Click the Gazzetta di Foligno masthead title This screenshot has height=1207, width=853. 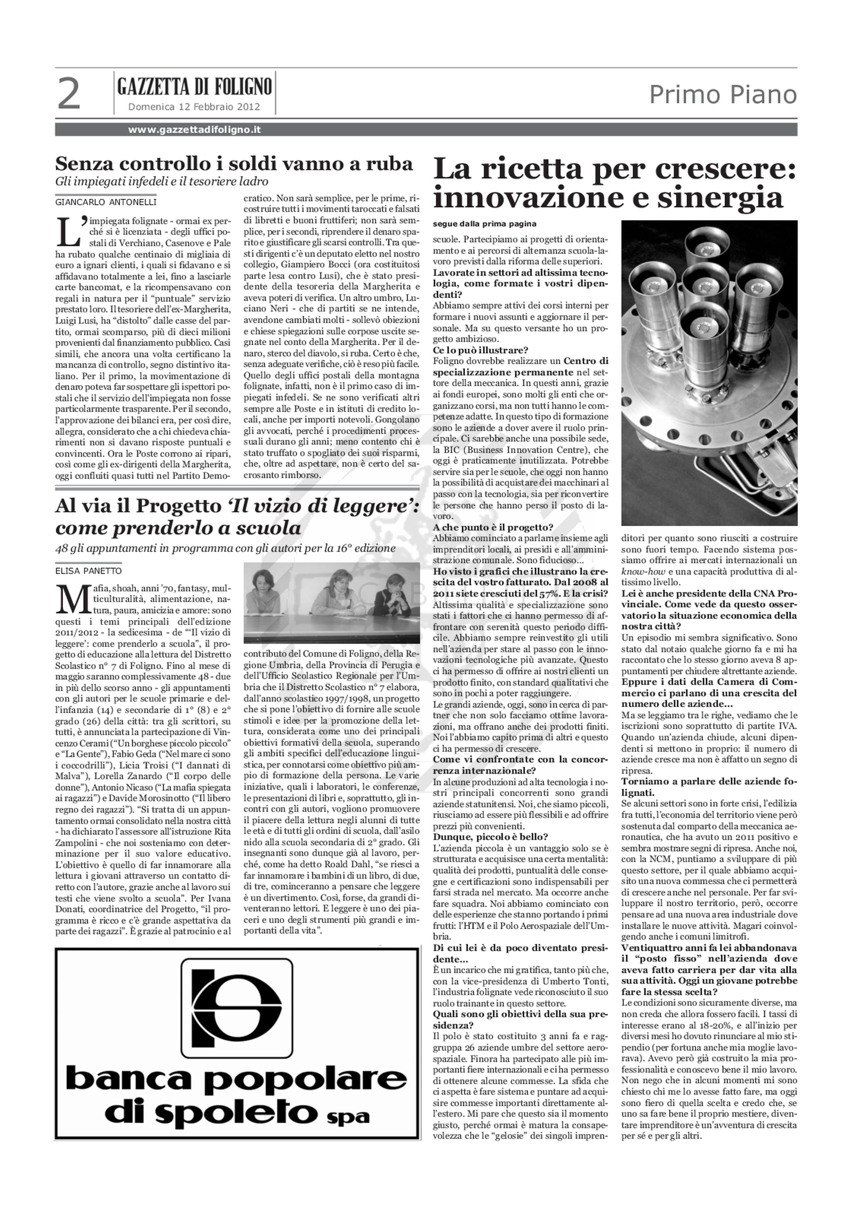point(195,86)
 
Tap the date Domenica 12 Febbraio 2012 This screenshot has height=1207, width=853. point(194,107)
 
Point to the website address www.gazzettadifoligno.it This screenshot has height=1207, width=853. point(194,130)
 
